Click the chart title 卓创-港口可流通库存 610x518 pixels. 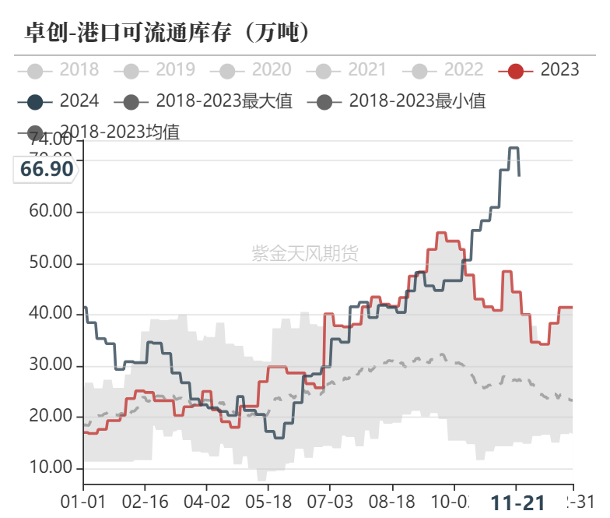pos(168,32)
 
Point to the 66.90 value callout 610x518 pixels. pos(47,169)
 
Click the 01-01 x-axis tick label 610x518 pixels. pos(83,502)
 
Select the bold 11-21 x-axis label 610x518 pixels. pos(517,502)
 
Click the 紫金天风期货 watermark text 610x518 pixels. pos(305,253)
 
